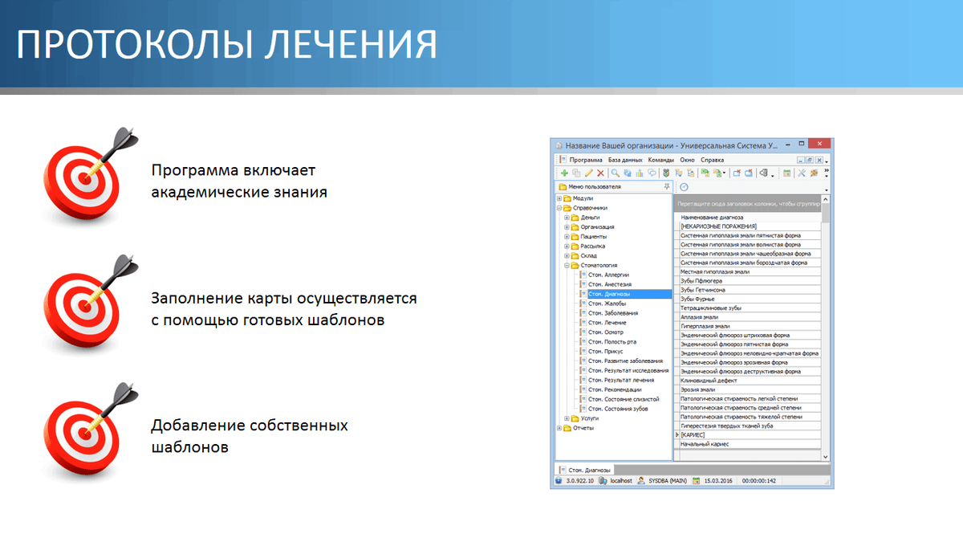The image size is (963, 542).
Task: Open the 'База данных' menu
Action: coord(625,160)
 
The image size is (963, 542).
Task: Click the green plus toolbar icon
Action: coord(564,173)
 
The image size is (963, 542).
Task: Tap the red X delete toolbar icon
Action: coord(600,173)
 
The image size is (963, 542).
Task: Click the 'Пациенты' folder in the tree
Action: coord(593,236)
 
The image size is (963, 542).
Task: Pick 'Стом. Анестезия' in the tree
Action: coord(609,284)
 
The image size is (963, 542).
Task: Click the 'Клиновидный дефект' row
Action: coord(709,381)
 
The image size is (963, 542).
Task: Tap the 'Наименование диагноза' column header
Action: coord(712,218)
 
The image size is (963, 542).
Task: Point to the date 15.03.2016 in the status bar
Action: coord(721,480)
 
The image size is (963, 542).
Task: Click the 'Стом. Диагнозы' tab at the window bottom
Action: coord(589,470)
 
